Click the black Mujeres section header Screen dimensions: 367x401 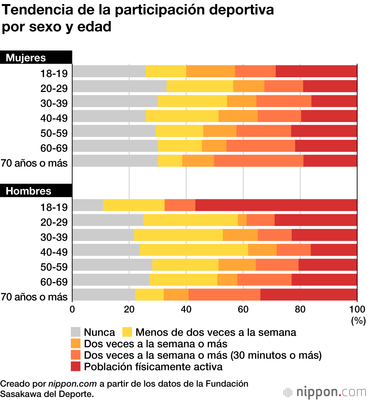(36, 57)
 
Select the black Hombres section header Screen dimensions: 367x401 (36, 191)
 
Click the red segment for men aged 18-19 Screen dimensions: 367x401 (276, 205)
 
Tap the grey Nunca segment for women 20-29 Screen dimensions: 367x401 (119, 86)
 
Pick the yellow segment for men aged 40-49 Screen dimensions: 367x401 (194, 250)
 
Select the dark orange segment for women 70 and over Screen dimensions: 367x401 (259, 161)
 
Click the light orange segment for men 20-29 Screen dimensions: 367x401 (242, 220)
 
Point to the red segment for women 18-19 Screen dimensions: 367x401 (316, 71)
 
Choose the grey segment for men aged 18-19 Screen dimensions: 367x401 (88, 205)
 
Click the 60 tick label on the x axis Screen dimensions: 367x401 (243, 309)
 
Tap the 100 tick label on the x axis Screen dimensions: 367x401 (357, 309)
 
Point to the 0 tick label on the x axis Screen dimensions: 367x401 (72, 309)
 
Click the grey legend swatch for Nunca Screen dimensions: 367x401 (76, 332)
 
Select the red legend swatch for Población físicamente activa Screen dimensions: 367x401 (76, 366)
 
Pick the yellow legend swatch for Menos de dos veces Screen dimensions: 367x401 (127, 332)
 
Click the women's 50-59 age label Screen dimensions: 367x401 (54, 133)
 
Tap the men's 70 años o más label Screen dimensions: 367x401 (34, 297)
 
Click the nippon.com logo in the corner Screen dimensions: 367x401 (324, 392)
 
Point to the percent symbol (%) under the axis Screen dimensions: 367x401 (358, 320)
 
